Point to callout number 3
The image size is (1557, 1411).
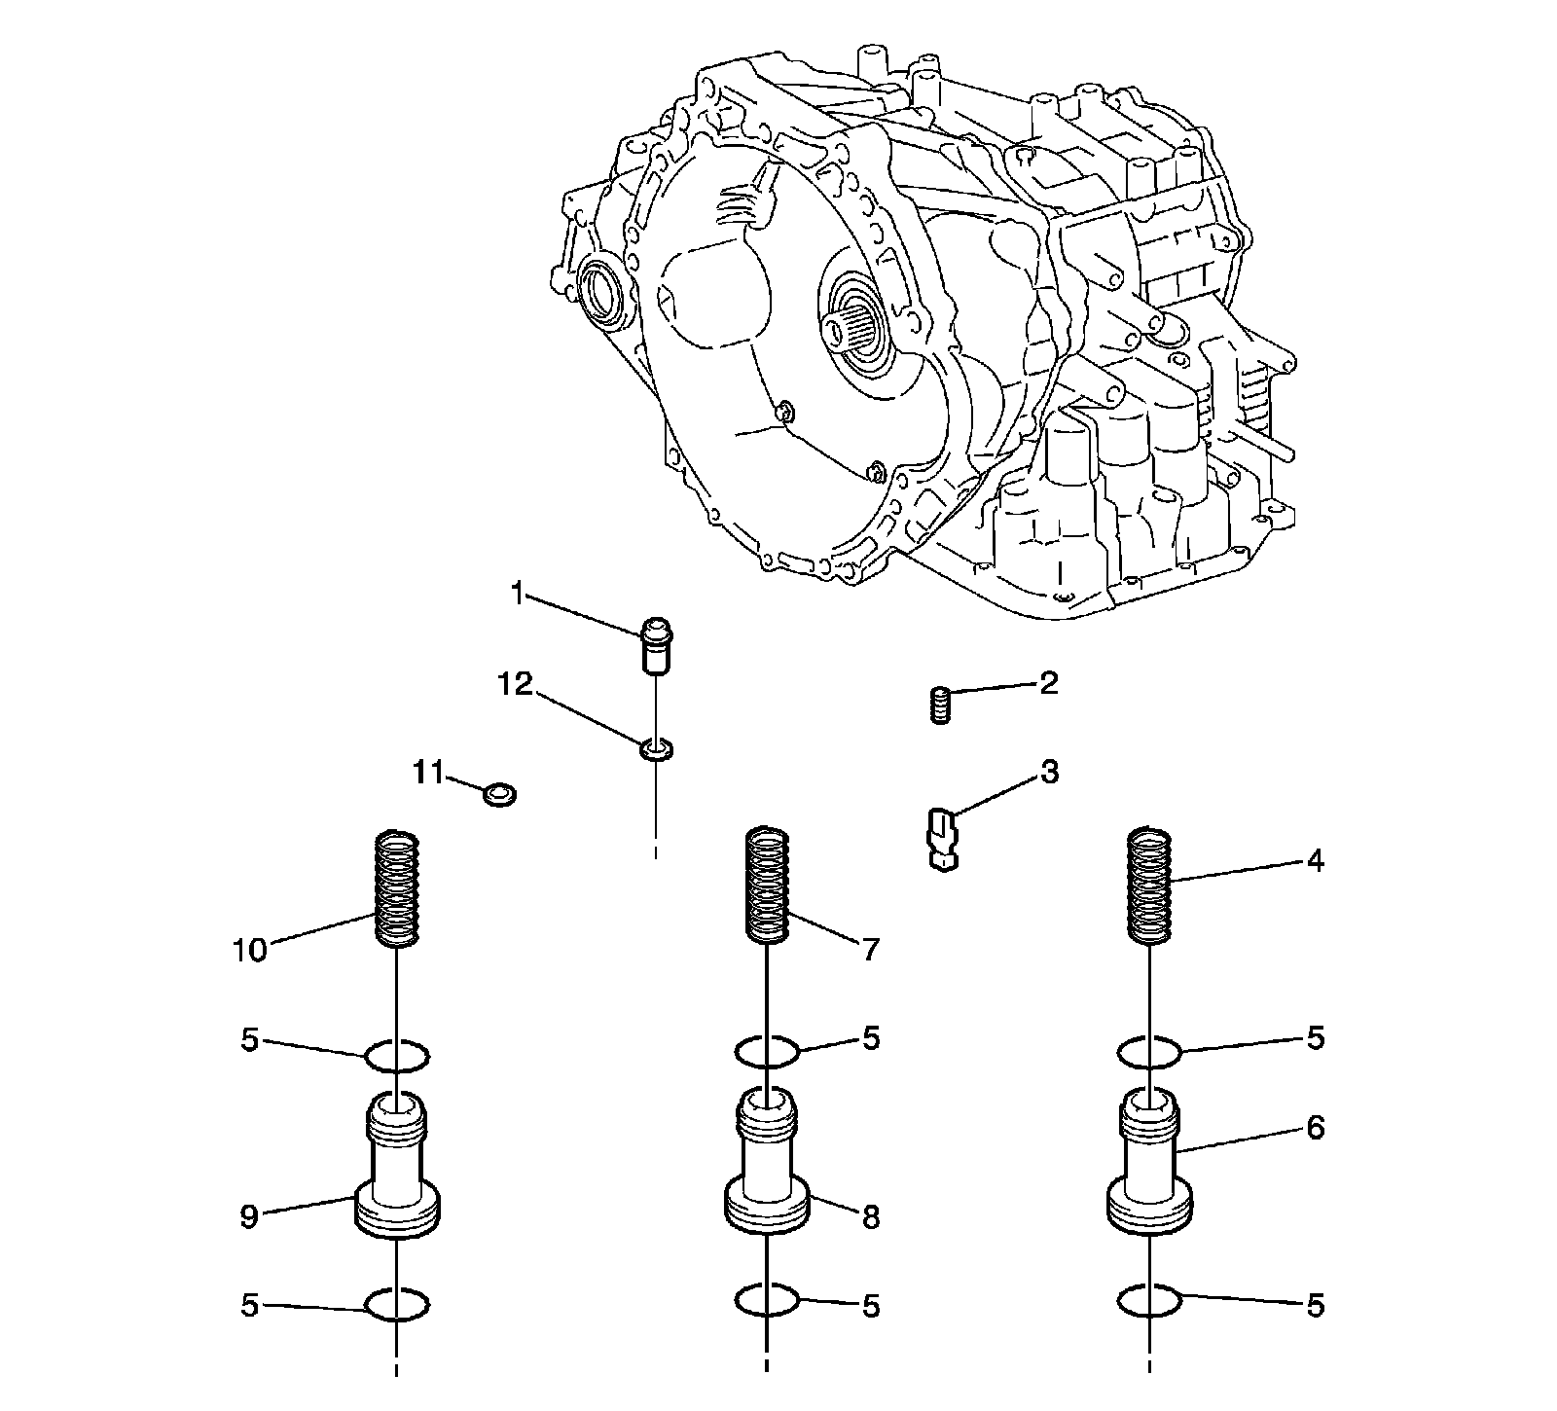coord(1049,774)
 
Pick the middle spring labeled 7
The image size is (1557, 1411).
coord(767,886)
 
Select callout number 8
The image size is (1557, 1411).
coord(869,1216)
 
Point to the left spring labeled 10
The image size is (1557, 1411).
coord(398,888)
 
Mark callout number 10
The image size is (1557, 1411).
coord(249,950)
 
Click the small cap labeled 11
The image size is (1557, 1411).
coord(500,794)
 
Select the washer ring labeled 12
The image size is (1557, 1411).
coord(656,749)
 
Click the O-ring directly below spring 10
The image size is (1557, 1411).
coord(397,1055)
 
